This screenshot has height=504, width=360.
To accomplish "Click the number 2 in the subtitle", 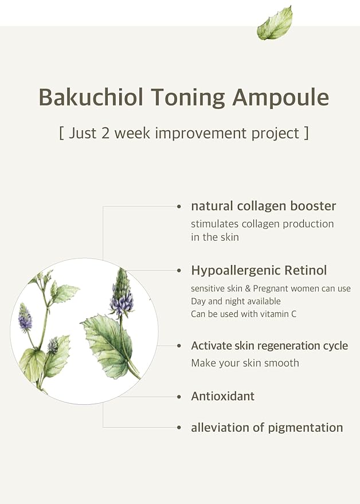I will (105, 133).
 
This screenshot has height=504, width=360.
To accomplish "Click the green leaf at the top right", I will (275, 24).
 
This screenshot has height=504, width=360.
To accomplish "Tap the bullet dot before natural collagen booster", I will (179, 206).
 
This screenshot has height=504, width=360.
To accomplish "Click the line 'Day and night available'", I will (236, 301).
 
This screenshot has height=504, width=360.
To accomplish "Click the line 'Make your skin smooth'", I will (245, 363).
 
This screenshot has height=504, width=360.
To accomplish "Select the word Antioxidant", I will (223, 396).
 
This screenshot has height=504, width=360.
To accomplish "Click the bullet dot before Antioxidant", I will (179, 397).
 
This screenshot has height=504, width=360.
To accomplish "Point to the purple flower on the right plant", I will (121, 301).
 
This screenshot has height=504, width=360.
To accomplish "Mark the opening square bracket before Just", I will (61, 134).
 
